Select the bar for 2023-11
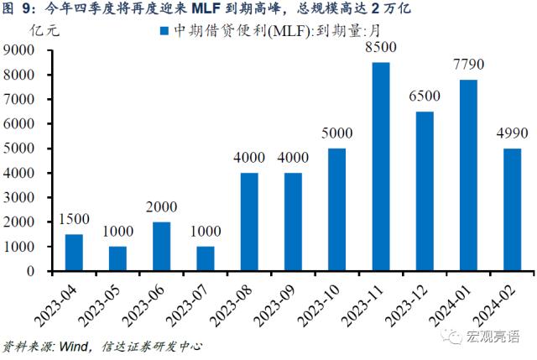click(380, 167)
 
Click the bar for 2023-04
click(74, 253)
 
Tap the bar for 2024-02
click(512, 210)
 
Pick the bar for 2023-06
click(161, 247)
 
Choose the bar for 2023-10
click(336, 210)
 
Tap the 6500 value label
click(425, 97)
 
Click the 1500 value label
click(74, 221)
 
